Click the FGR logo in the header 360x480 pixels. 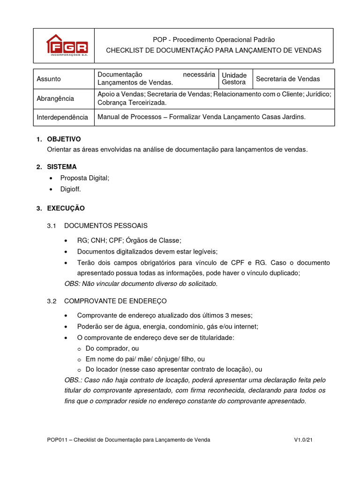(67, 45)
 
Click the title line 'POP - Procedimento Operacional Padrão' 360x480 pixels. (214, 40)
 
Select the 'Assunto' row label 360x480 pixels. (49, 79)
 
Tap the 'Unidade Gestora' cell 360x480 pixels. (234, 79)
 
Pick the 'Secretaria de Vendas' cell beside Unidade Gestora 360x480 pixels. (288, 79)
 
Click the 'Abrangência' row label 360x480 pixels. (55, 98)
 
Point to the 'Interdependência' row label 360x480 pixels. (62, 117)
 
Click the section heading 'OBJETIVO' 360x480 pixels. (64, 139)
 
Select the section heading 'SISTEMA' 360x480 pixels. (62, 167)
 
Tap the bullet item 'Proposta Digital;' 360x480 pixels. (84, 178)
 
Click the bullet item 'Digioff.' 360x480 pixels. (71, 189)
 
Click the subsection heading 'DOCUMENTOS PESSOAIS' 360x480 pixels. (106, 226)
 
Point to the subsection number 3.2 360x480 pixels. (52, 301)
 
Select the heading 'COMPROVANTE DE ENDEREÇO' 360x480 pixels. (115, 301)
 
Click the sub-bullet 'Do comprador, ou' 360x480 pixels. (112, 348)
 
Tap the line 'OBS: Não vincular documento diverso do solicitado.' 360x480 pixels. (141, 284)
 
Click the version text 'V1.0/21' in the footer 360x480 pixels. (302, 440)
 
